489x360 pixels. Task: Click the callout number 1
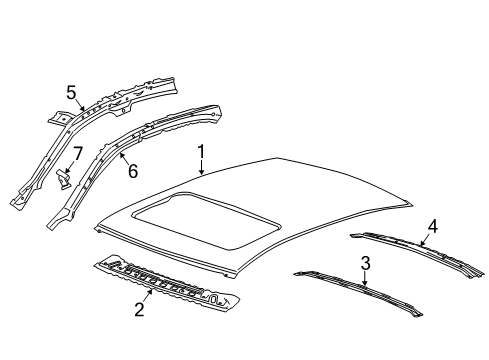pos(201,153)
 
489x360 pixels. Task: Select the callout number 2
pos(139,310)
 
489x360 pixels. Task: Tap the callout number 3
pos(365,263)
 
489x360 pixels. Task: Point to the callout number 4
pos(433,225)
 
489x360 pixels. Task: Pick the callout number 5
pos(71,93)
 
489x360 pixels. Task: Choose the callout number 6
pos(131,172)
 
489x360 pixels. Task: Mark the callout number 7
pos(76,155)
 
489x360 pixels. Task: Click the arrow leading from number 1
pos(204,167)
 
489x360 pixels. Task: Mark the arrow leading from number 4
pos(424,236)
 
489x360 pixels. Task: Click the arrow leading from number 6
pos(121,162)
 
